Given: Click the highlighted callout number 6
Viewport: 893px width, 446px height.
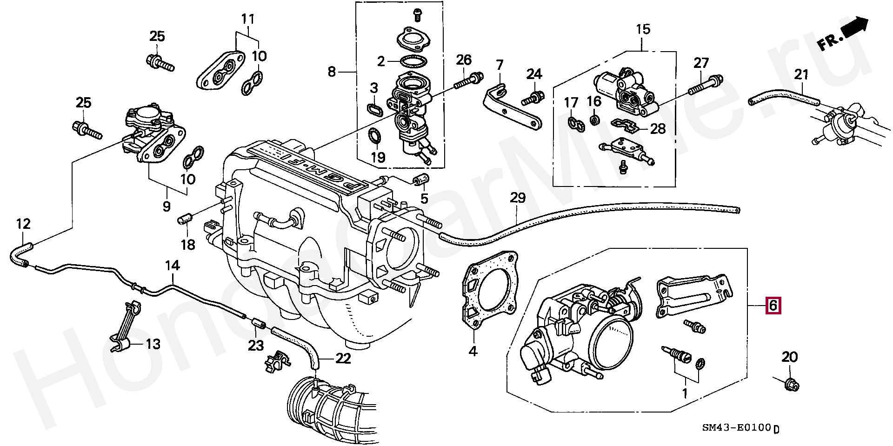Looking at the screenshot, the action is coord(773,306).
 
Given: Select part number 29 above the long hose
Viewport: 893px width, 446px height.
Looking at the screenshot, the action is coord(517,198).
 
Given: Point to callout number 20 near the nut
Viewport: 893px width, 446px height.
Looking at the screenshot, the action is coord(789,357).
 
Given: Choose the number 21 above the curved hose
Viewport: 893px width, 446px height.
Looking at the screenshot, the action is coord(801,74).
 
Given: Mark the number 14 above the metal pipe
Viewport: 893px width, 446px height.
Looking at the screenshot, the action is coord(172,266).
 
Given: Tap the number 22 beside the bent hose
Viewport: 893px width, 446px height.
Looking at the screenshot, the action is coord(343,359).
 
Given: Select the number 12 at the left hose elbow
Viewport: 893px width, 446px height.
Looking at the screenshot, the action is coord(23,224).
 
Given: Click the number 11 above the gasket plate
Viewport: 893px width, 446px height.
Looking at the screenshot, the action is coord(248,20).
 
